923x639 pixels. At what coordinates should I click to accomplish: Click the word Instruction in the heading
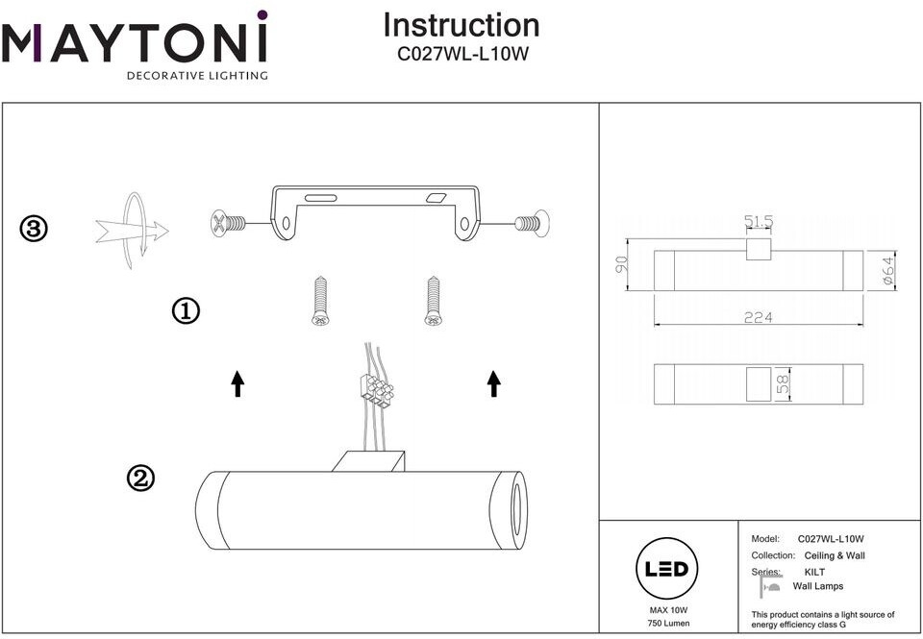pos(461,25)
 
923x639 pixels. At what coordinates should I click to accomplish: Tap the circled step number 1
pos(186,311)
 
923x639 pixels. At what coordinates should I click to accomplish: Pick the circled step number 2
pos(141,478)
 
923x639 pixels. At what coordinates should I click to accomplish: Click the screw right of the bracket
pos(532,223)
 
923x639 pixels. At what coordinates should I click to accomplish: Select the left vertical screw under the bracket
pos(320,302)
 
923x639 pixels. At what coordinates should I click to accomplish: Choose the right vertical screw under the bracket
pos(431,302)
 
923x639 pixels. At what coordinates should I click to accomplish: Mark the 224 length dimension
pos(758,317)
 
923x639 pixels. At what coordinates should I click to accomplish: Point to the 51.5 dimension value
pos(758,221)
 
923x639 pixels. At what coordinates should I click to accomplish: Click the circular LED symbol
pos(665,568)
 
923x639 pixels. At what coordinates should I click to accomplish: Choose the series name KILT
pos(814,572)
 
